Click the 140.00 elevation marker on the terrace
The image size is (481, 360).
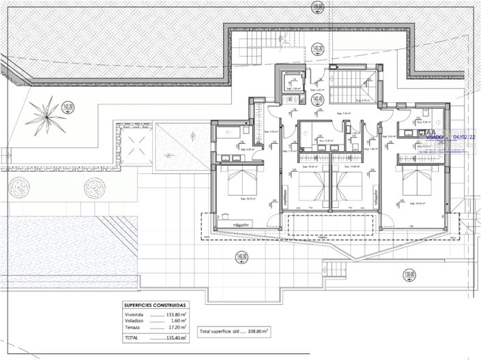[242, 257]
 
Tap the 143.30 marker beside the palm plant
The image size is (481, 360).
[67, 106]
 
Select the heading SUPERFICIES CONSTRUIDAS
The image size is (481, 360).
[155, 305]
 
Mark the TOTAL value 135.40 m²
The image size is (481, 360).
[175, 337]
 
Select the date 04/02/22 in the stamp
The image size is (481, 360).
[462, 136]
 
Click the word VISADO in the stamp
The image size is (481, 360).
[434, 136]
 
